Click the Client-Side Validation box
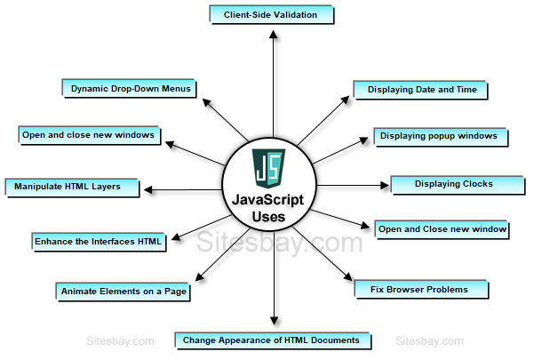click(272, 15)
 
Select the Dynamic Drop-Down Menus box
click(131, 88)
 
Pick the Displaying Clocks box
click(453, 185)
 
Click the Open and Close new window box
click(442, 229)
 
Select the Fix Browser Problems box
click(424, 290)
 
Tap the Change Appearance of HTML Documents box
click(271, 340)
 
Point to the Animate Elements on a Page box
click(124, 291)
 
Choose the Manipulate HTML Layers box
click(74, 187)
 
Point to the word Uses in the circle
click(268, 216)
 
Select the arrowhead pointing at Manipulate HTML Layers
click(150, 188)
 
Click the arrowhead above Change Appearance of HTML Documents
click(273, 322)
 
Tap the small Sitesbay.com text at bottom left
click(121, 340)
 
